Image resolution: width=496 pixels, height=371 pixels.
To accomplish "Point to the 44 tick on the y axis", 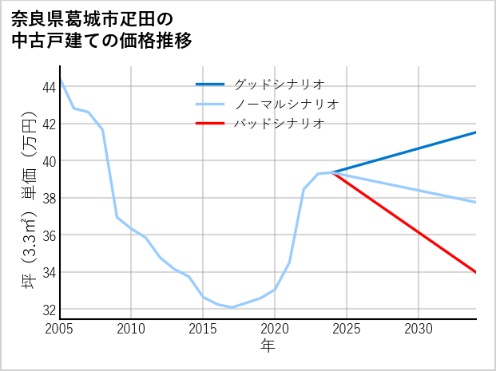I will (48, 86).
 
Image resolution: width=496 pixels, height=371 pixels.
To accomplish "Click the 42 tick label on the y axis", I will (48, 124).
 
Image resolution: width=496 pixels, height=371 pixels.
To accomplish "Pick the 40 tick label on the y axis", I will (48, 160).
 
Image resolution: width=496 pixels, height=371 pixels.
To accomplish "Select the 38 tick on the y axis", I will (48, 198).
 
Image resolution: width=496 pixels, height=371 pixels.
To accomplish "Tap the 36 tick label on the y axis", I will (48, 235).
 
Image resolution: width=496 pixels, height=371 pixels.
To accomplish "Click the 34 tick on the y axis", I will (48, 272).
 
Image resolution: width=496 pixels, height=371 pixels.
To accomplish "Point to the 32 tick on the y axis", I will (48, 310).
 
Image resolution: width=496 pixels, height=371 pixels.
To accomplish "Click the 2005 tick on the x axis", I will (60, 329).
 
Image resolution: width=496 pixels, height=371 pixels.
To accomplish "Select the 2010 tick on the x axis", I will (131, 329).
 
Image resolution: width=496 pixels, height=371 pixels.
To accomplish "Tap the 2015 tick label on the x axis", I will (203, 329).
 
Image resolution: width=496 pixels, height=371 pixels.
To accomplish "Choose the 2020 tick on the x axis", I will (275, 329).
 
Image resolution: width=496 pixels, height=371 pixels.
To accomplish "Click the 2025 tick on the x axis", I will (347, 329).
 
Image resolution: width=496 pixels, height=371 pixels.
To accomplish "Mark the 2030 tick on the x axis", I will (419, 329).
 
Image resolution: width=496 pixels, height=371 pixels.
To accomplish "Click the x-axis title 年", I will (268, 345).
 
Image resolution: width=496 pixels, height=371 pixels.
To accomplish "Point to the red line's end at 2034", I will (476, 272).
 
